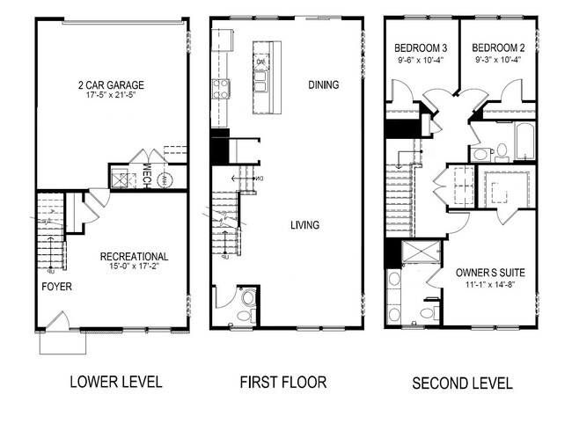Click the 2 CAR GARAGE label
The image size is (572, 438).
[111, 84]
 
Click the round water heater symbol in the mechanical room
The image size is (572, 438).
[172, 177]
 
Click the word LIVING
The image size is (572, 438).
[304, 225]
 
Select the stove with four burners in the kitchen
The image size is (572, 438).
[220, 88]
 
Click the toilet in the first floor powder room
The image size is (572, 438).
[248, 313]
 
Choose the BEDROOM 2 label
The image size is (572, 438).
[493, 47]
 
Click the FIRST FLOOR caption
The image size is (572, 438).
[283, 383]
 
